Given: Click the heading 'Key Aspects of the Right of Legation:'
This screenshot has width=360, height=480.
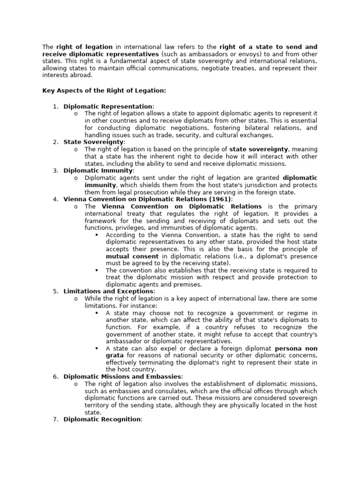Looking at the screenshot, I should coord(104,90).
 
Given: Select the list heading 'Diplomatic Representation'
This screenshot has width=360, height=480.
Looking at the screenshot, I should coord(108,106).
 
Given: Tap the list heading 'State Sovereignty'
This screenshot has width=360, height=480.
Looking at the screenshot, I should coord(93,142).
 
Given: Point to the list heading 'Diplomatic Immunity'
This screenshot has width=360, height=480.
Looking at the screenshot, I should coord(98,171).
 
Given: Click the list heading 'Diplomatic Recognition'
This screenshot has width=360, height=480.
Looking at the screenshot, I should coord(102,419).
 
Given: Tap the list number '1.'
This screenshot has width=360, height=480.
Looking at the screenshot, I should coord(55,106).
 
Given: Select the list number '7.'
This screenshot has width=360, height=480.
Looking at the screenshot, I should coord(55,419).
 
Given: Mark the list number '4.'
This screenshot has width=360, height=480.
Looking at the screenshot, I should coord(55,199).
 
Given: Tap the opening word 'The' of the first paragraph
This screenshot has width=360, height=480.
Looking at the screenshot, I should coord(48,47).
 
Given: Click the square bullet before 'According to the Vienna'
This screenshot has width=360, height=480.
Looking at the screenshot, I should coord(96,235).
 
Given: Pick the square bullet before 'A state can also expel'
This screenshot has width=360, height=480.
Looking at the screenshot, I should coord(96,348).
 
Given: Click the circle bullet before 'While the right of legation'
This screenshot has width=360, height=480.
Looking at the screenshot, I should coord(76,298).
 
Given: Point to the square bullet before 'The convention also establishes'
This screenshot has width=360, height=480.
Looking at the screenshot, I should coord(96,270).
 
